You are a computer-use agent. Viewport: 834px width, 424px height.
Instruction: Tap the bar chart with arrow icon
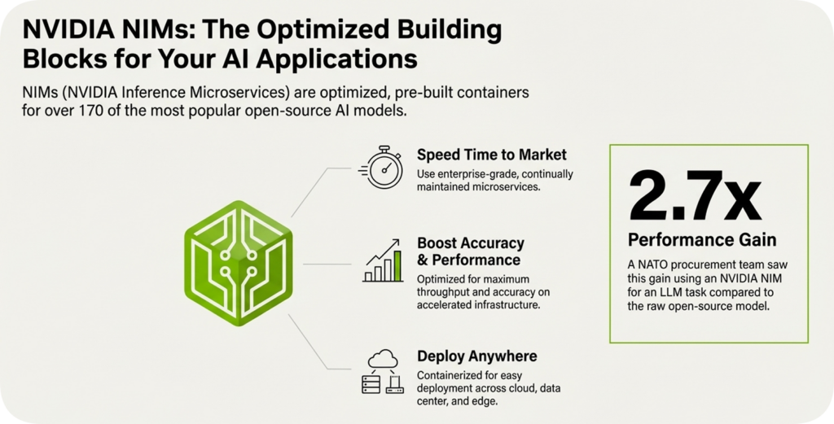tap(383, 261)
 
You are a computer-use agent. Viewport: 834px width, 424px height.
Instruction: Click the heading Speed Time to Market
tap(492, 155)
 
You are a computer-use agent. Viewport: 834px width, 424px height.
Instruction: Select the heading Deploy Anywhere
tap(476, 356)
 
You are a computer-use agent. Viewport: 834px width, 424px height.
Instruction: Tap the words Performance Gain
tap(701, 240)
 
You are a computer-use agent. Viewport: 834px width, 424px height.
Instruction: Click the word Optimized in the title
tap(314, 32)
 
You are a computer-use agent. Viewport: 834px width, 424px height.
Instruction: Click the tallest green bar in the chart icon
tap(397, 265)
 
